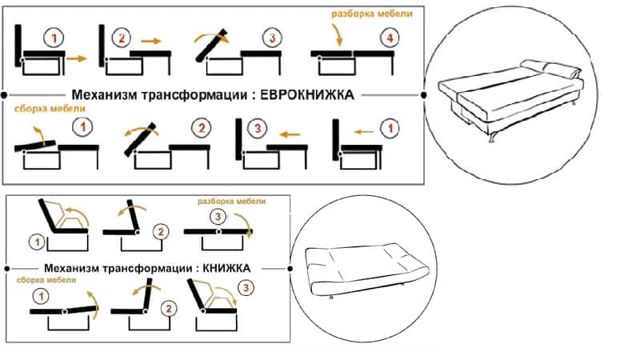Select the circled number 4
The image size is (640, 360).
click(388, 38)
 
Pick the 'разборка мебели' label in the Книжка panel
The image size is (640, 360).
click(231, 201)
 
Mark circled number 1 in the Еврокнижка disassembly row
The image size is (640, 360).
click(51, 38)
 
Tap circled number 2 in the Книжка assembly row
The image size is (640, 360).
click(167, 307)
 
